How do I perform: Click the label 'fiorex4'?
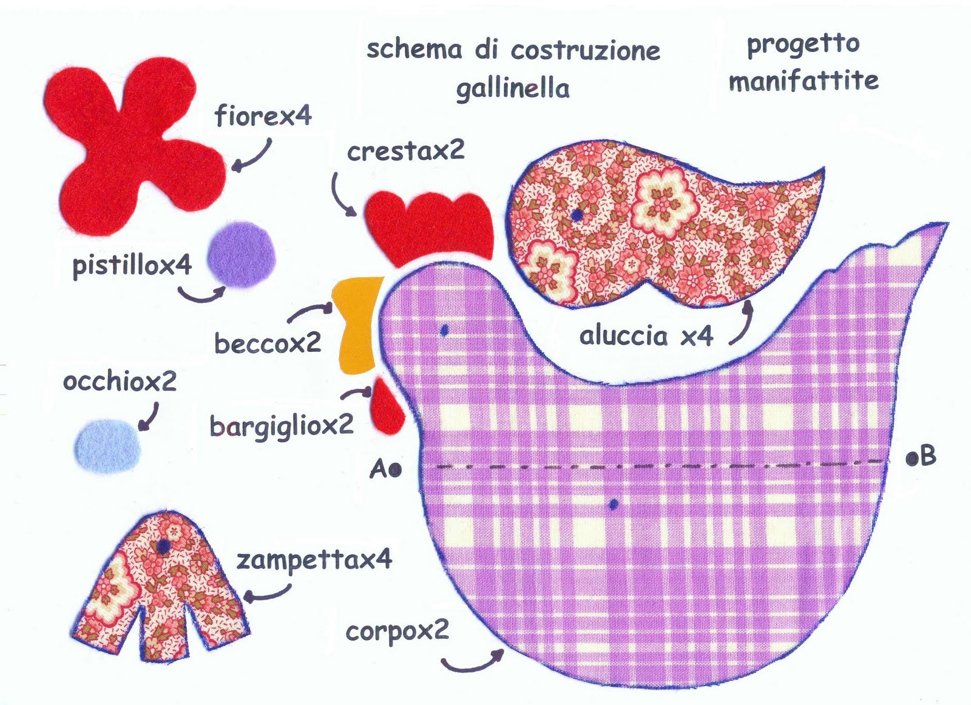click(x=263, y=115)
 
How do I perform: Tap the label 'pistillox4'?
click(x=132, y=265)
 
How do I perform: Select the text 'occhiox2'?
click(x=120, y=382)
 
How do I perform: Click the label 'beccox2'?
click(x=268, y=343)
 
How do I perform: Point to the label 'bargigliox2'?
click(x=281, y=425)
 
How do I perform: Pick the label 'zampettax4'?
click(x=314, y=560)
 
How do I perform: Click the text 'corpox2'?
click(x=398, y=632)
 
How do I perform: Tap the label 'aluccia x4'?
click(x=646, y=336)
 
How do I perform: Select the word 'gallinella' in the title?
click(x=513, y=89)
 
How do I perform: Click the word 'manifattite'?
click(x=804, y=80)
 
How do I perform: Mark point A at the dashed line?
click(x=394, y=469)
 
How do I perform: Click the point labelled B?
click(x=911, y=459)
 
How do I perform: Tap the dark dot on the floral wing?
click(x=578, y=215)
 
